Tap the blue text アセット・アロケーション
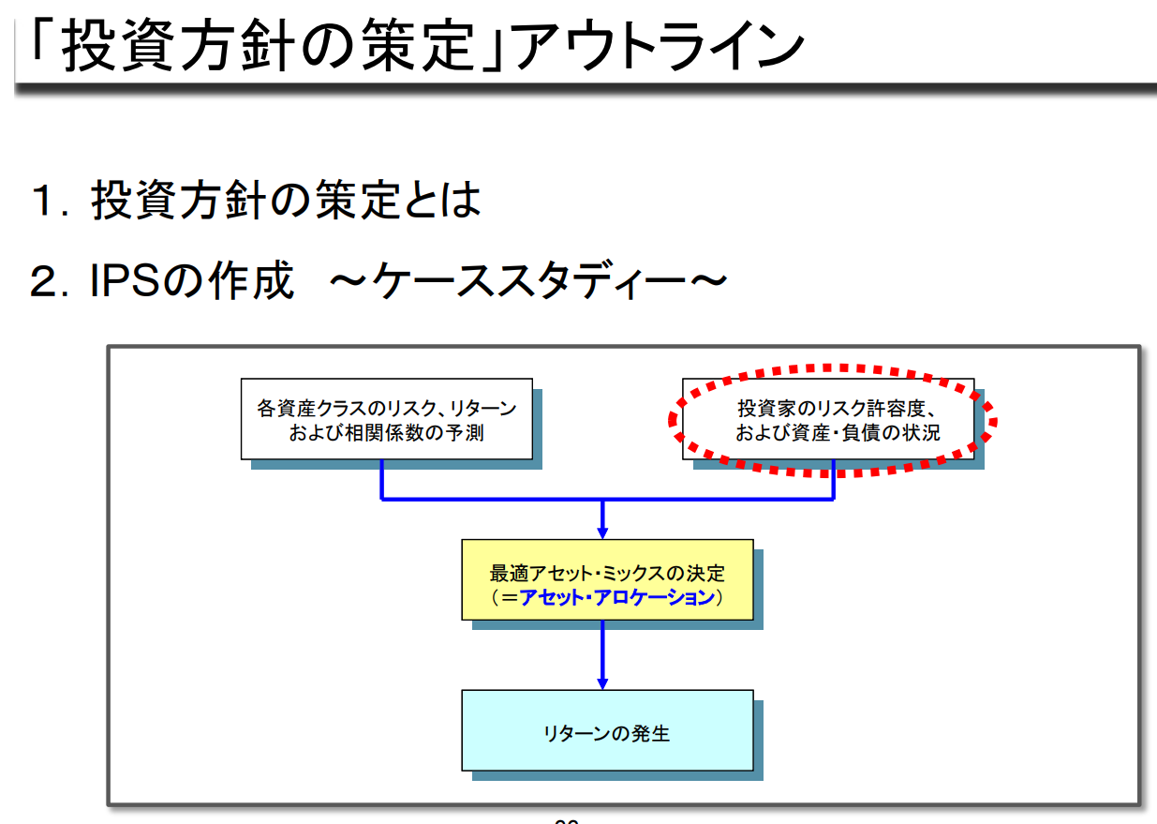[617, 597]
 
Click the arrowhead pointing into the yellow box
[602, 532]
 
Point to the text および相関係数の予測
[386, 433]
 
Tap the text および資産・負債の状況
[837, 433]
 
